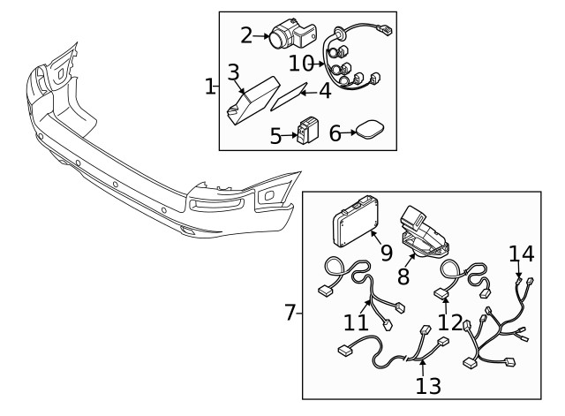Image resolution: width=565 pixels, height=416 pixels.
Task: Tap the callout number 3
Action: click(x=233, y=72)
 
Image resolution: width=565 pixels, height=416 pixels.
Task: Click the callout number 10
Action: click(x=301, y=63)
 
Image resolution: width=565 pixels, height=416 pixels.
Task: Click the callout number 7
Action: click(x=290, y=313)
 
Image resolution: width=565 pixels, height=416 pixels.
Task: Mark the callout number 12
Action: click(x=450, y=322)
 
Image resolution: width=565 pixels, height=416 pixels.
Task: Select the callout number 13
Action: click(x=428, y=385)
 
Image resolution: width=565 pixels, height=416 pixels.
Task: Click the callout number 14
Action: click(x=521, y=255)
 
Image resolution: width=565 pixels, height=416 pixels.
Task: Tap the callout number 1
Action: click(x=209, y=87)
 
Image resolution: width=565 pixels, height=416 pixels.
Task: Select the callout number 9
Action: click(x=386, y=252)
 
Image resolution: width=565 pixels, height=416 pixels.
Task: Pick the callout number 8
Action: click(x=403, y=276)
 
